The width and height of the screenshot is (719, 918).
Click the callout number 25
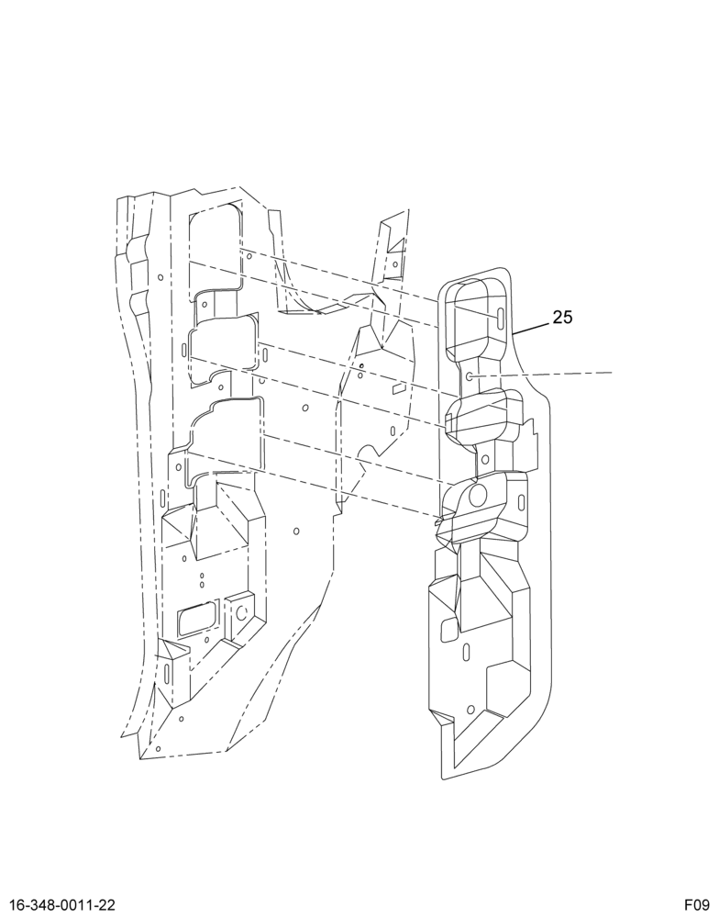click(x=562, y=318)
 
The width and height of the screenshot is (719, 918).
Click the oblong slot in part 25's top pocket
click(x=501, y=317)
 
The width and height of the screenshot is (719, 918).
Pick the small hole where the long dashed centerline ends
click(x=470, y=375)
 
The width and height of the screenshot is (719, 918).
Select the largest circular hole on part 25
click(x=478, y=496)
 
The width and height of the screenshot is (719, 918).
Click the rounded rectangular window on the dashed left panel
click(x=196, y=621)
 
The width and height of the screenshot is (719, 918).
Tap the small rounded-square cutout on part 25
click(x=449, y=628)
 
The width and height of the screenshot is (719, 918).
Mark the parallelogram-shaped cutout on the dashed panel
click(x=398, y=387)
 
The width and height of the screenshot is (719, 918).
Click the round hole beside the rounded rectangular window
click(x=240, y=613)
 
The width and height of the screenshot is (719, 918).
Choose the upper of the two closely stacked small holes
click(x=202, y=577)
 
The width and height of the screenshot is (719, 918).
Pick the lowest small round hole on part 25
click(x=470, y=710)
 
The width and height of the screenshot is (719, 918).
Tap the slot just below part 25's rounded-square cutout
click(x=466, y=651)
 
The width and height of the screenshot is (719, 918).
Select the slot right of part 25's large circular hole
click(x=521, y=501)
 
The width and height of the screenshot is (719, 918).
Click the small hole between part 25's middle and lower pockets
click(x=485, y=460)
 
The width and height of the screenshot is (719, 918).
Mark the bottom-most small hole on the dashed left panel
click(x=158, y=748)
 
